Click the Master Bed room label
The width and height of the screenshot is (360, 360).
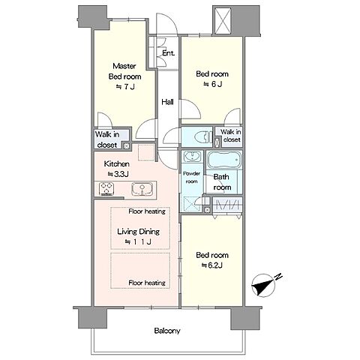pos(124,71)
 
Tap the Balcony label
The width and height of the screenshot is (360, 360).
pos(167,331)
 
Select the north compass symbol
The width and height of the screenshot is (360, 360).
pos(265,286)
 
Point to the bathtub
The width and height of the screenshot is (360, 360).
pos(224,160)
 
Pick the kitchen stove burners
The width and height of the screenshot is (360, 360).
pos(106,188)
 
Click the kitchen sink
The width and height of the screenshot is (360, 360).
pos(142,189)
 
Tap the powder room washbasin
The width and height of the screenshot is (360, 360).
pos(192,157)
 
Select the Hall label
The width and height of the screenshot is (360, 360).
pos(167,102)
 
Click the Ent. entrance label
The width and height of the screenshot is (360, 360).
pos(168,53)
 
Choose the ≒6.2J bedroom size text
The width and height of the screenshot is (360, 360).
pos(211,265)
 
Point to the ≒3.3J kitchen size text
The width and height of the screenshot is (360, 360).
pos(118,174)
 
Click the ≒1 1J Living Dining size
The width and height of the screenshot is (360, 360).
pos(138,241)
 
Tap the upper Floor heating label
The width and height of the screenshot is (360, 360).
pos(147,211)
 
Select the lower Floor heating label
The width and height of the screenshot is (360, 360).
pos(147,283)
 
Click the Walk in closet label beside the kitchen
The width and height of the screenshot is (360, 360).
pos(107,139)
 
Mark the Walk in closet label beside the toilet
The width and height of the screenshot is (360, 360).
pos(231,136)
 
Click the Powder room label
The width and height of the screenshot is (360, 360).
pos(192,177)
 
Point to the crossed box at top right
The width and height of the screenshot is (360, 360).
pos(223,20)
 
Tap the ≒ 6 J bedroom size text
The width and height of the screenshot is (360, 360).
pos(212,84)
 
